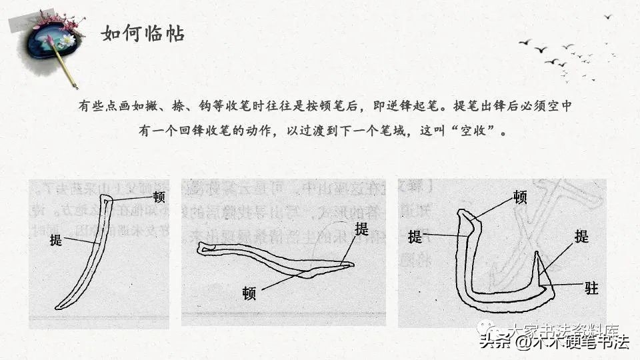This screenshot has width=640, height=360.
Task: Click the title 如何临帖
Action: tap(143, 33)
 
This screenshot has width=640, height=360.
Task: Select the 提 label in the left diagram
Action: tap(55, 240)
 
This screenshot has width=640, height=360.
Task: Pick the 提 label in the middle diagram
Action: tap(361, 229)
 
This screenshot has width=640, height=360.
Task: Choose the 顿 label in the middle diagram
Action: tap(250, 291)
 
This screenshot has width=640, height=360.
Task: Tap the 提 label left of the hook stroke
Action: tap(415, 236)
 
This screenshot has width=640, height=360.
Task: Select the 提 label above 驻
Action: tap(581, 236)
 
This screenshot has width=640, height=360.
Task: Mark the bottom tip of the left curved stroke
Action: tap(57, 307)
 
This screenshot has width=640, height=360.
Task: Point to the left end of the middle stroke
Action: tap(200, 248)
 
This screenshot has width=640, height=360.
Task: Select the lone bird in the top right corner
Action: tap(608, 16)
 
